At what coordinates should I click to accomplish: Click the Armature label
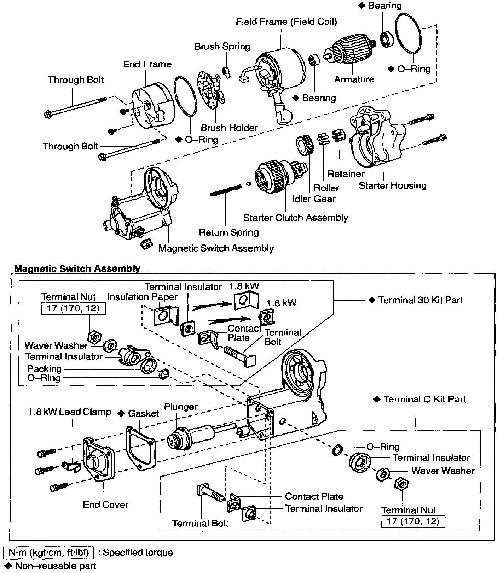[354, 79]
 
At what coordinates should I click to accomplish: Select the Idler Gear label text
[314, 199]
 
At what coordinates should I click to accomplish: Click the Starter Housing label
[393, 185]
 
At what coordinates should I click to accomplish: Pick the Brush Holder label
[229, 128]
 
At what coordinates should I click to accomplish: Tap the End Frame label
[147, 64]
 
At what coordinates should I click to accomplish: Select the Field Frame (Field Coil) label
[286, 22]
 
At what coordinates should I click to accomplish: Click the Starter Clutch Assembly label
[296, 217]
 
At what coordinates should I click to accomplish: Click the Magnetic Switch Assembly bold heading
[77, 268]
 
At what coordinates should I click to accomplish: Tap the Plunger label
[181, 407]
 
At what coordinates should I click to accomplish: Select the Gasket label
[143, 413]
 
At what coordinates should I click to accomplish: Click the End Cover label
[105, 504]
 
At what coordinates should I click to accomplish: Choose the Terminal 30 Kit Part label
[420, 300]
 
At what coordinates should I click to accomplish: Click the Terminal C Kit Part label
[424, 399]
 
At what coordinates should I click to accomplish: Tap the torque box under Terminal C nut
[413, 521]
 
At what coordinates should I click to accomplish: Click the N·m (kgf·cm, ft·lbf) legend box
[49, 553]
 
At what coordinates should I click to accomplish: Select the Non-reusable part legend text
[56, 566]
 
